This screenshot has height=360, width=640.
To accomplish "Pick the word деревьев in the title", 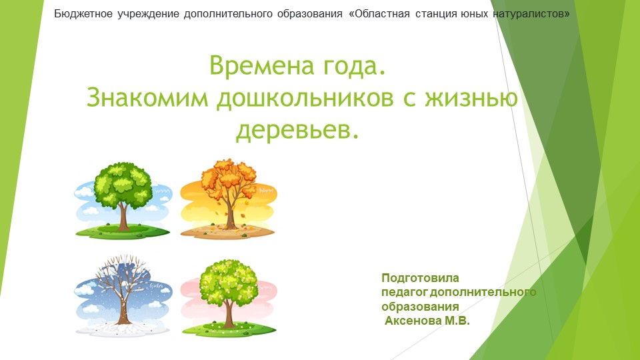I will tap(297, 131).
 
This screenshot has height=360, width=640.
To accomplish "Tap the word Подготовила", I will tap(420, 277).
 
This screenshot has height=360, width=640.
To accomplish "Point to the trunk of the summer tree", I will tap(123, 217).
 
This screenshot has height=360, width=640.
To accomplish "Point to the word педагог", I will tap(405, 292).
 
